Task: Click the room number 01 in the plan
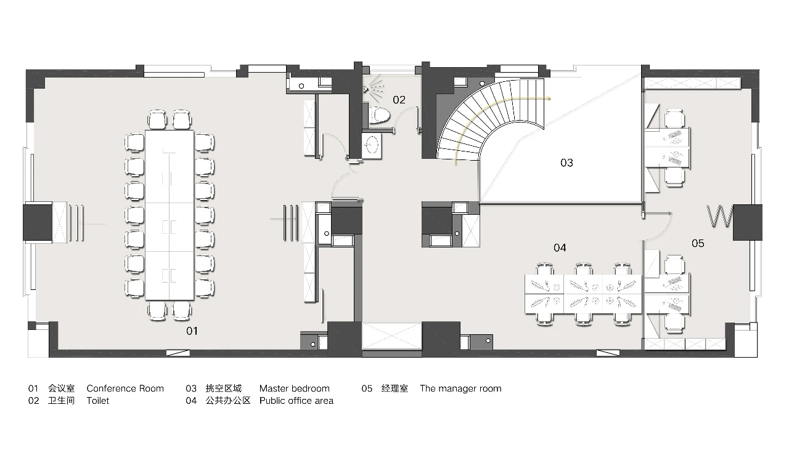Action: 192,331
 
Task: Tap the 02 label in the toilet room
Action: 399,100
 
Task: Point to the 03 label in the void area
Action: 566,163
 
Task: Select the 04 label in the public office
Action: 560,247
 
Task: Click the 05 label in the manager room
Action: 698,243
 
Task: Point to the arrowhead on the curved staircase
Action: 549,98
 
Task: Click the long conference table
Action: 170,215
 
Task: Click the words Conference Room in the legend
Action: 125,388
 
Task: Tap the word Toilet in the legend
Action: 98,401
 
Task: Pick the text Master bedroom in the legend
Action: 295,388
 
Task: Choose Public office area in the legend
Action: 296,401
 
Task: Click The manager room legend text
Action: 460,388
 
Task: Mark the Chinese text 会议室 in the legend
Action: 61,388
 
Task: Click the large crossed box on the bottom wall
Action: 391,335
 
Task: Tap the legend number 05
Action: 367,388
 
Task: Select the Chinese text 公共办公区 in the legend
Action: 228,401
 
